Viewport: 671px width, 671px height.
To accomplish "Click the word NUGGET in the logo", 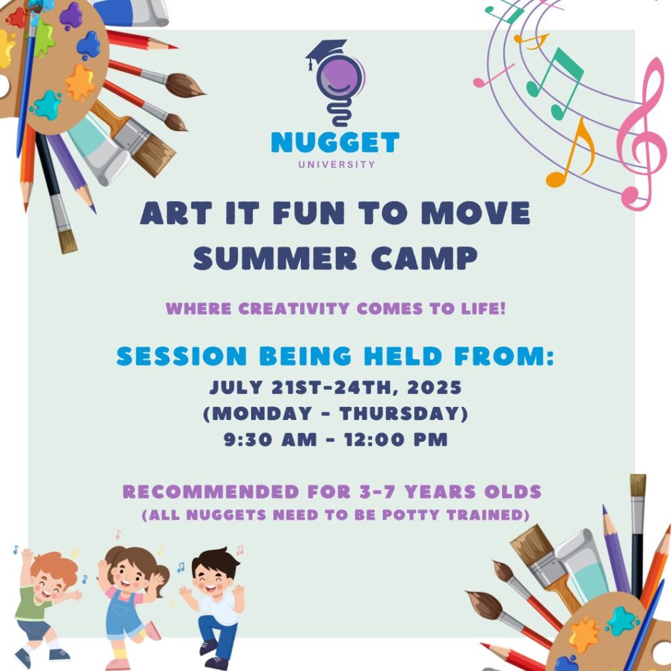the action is click(335, 142).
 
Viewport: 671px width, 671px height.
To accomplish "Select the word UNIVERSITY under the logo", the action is click(336, 164).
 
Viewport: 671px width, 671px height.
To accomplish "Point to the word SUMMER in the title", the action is click(275, 258).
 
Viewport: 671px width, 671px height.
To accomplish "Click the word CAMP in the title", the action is click(424, 258).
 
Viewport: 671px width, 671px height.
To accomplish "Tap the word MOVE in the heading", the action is click(476, 213).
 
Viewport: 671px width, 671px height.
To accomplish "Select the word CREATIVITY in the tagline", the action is click(294, 309).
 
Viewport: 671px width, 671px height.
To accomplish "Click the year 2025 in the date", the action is click(434, 387).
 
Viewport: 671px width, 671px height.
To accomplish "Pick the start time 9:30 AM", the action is click(271, 440).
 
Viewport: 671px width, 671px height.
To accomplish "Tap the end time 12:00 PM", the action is click(396, 440).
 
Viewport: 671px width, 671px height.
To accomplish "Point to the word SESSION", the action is click(182, 356).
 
